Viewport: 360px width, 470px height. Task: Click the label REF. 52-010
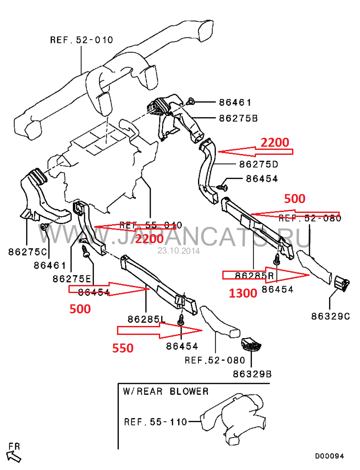pyautogui.click(x=81, y=40)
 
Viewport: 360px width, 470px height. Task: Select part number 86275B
pyautogui.click(x=238, y=118)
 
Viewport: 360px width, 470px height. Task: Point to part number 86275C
pyautogui.click(x=27, y=252)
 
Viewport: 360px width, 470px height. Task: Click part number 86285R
pyautogui.click(x=254, y=274)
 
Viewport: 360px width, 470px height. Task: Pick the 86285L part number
pyautogui.click(x=146, y=319)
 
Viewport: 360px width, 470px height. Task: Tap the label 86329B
pyautogui.click(x=252, y=374)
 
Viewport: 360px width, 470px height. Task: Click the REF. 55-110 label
pyautogui.click(x=155, y=422)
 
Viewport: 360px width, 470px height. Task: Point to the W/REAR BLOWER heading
pyautogui.click(x=166, y=391)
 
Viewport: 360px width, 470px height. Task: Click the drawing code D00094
pyautogui.click(x=329, y=456)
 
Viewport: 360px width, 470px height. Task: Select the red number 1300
pyautogui.click(x=243, y=294)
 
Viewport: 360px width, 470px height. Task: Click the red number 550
pyautogui.click(x=122, y=348)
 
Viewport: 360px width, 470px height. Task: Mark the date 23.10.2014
pyautogui.click(x=179, y=251)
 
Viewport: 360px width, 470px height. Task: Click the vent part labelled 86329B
pyautogui.click(x=251, y=345)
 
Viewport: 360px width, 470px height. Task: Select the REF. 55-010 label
pyautogui.click(x=151, y=225)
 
